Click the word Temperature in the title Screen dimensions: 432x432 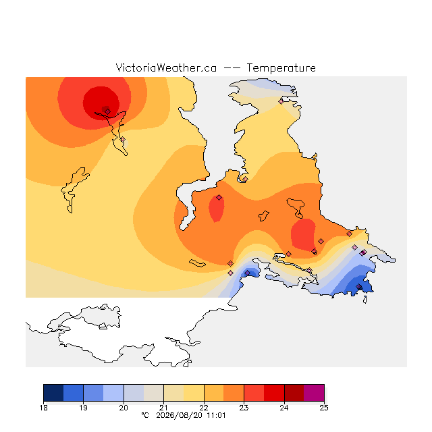[x=281, y=67]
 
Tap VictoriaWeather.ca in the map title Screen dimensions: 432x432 [x=166, y=67]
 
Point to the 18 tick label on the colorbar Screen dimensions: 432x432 [x=43, y=408]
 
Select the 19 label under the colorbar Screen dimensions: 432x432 [x=83, y=408]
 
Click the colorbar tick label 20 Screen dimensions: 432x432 [x=124, y=408]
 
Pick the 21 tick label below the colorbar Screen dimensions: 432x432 [x=163, y=408]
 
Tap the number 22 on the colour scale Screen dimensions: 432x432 [x=204, y=408]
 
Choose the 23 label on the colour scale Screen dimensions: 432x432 [x=244, y=408]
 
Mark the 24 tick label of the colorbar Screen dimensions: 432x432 [x=284, y=408]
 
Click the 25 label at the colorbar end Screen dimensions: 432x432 [x=324, y=408]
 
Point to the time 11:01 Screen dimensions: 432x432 [x=216, y=416]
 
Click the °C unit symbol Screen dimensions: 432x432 [x=145, y=415]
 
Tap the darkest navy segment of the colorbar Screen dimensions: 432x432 [x=53, y=393]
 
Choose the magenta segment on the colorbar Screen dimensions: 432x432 [x=314, y=393]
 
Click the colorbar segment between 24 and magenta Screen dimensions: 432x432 [x=294, y=393]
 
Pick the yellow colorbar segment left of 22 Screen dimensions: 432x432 [x=194, y=393]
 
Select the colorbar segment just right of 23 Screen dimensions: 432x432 [x=254, y=393]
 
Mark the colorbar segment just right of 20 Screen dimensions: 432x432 [x=134, y=393]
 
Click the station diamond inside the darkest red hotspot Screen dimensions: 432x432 [x=108, y=111]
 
